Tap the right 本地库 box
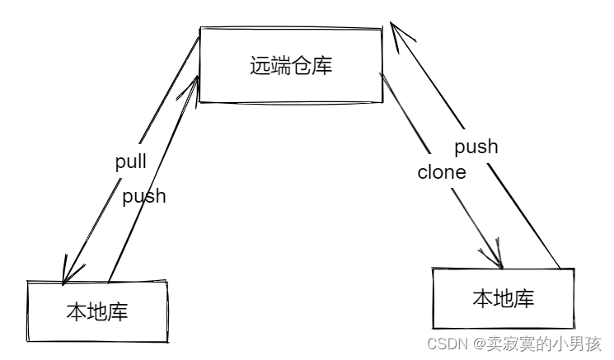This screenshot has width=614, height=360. point(503,297)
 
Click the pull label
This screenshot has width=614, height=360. point(130,161)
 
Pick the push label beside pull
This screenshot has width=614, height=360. point(144,196)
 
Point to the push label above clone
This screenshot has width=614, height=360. point(476,147)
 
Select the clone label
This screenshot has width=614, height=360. point(442,172)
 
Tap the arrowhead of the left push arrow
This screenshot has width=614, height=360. point(195,81)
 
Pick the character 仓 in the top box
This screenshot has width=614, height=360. point(302,66)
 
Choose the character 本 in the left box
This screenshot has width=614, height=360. point(76,311)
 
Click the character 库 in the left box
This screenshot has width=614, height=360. point(118,311)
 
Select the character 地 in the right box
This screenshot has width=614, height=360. point(503,298)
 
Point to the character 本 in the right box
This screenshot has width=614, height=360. point(482,298)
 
